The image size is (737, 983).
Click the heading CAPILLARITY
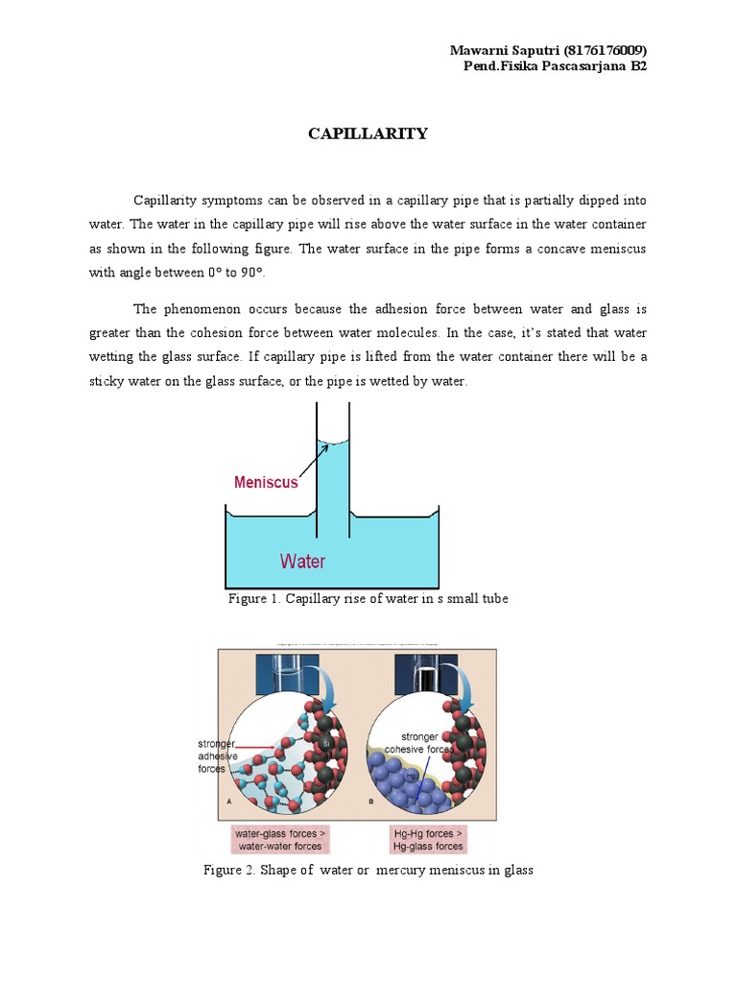point(368,133)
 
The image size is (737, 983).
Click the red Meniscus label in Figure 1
point(266,483)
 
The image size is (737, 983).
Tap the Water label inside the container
point(302,561)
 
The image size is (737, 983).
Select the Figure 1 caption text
point(368,599)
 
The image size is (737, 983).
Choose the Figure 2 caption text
point(368,870)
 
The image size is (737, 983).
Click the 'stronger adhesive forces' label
point(216,755)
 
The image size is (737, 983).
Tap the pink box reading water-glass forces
point(279,840)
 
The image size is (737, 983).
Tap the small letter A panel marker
point(229,800)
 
